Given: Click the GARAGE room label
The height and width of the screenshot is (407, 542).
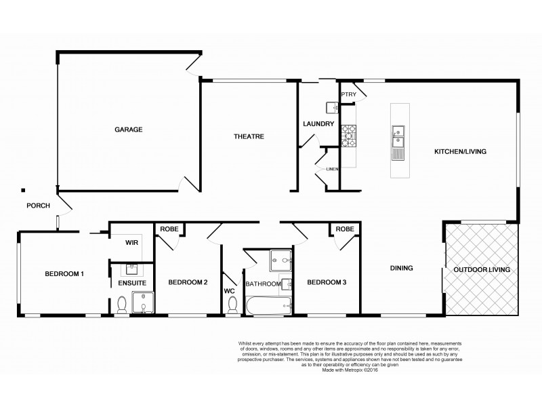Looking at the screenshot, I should coord(127,129).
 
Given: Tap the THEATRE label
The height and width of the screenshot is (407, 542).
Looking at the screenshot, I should coord(249,136).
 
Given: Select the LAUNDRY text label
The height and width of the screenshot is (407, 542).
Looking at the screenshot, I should coord(318,123).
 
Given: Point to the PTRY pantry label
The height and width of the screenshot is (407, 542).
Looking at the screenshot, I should coord(348,94).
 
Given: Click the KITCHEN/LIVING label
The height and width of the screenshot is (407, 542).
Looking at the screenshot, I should coord(460,151).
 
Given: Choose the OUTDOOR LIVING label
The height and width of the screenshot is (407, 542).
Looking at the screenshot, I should coord(482,270).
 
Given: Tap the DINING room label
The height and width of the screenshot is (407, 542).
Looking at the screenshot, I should coord(401,268).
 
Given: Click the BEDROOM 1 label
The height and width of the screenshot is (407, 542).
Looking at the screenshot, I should coord(64,274).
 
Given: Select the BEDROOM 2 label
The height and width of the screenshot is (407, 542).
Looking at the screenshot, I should coord(188,282).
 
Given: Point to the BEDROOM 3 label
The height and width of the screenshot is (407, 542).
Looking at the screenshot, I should coord(327,282).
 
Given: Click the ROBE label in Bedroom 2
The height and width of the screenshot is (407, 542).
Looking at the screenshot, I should coord(169,229).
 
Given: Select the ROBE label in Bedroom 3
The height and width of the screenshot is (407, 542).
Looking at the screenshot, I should coord(344,229).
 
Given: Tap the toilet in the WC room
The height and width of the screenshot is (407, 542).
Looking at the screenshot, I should coord(232,306).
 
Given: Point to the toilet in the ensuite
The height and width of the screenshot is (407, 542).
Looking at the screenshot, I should coord(122,305).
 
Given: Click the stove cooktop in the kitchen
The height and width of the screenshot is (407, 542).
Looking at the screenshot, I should coord(348,136).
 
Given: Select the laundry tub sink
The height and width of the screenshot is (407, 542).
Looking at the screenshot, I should coord(333,107).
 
